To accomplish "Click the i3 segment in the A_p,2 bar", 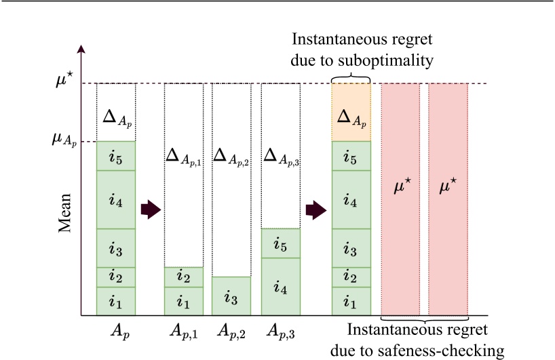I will tap(231, 296).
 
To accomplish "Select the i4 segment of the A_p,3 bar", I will tap(281, 287).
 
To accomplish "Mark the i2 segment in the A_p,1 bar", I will tap(184, 277).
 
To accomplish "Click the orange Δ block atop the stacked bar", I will tap(351, 112).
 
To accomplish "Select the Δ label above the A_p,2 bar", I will tap(231, 157).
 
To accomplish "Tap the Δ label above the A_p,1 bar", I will tap(184, 157).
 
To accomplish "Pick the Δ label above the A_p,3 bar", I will tap(281, 157).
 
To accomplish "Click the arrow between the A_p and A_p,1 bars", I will tap(150, 210).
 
